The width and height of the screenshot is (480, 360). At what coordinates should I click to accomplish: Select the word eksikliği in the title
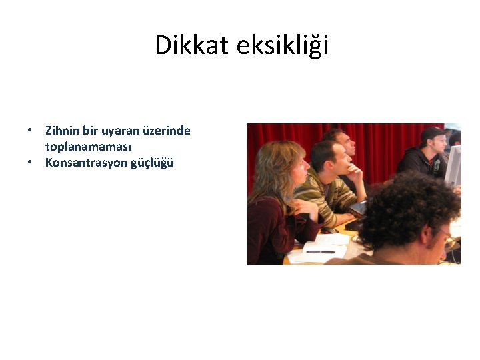point(281,45)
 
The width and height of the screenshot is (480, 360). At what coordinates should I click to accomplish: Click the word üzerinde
point(167,131)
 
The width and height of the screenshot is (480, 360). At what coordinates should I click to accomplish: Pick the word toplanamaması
point(88,146)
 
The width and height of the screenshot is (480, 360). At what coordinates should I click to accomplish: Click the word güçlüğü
point(152,162)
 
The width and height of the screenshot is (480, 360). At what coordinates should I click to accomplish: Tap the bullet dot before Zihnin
point(31,131)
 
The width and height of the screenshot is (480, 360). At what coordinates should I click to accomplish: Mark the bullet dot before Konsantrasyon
point(31,162)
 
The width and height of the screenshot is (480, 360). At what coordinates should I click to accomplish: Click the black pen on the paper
point(320,251)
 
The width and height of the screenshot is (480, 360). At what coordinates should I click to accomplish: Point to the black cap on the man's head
point(432,133)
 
